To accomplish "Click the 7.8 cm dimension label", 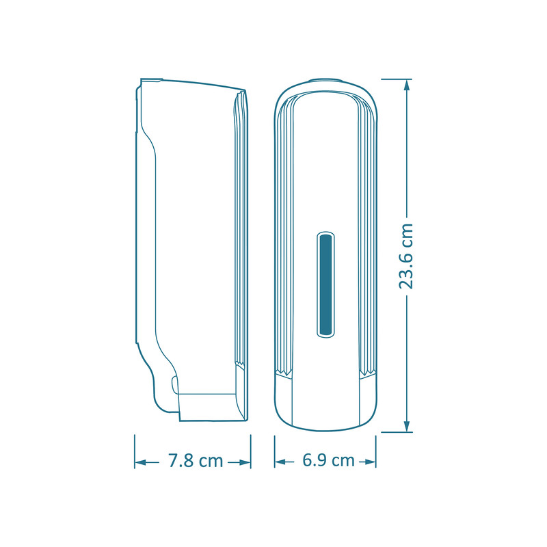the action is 196,460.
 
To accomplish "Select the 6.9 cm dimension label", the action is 328,460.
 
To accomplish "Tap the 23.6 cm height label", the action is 405,256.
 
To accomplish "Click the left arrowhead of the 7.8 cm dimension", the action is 140,463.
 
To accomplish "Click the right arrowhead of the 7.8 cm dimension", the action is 245,463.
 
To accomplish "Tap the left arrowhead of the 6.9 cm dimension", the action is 280,462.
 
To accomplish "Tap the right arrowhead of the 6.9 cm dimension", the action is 370,462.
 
